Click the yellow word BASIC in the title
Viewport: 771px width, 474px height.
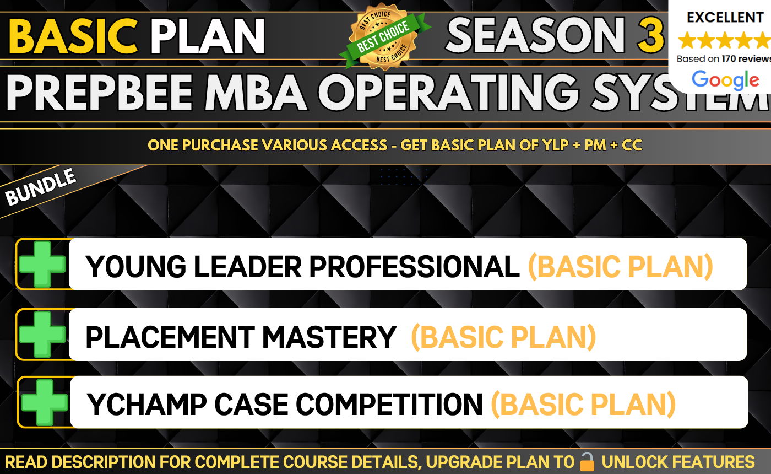pos(73,36)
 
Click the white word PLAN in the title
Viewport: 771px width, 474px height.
pos(208,36)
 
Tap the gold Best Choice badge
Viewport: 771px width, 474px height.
pos(384,36)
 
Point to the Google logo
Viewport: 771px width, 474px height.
pos(725,80)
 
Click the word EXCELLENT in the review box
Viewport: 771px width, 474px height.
pos(725,17)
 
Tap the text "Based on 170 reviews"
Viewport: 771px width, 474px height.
pos(724,58)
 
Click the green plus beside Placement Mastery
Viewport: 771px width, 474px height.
pos(42,334)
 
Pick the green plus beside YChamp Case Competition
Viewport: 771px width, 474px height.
pos(45,402)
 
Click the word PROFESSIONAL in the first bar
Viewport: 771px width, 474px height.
pos(414,267)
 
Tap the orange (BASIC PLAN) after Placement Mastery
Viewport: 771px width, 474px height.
pos(503,337)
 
